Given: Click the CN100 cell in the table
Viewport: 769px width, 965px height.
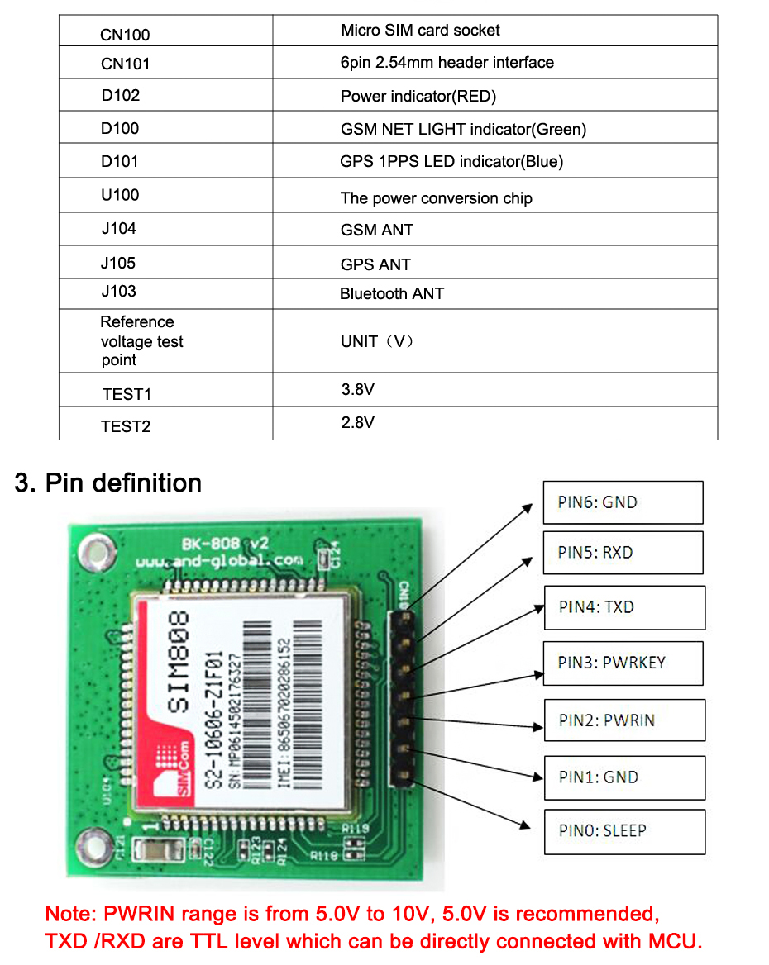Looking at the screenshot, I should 125,35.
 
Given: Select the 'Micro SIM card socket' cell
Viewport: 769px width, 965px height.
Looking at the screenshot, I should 420,31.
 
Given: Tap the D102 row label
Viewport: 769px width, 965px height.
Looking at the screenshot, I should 121,96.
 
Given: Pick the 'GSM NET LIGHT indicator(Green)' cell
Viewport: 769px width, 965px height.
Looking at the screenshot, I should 463,129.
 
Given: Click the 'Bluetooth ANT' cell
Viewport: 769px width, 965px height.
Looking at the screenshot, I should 392,293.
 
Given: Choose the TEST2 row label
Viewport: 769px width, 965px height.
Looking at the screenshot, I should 126,426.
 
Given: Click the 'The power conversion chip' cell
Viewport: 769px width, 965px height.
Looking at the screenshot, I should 436,198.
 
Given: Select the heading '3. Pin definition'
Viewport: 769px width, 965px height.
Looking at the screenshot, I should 108,483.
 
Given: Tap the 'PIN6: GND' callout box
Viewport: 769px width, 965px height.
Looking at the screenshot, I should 623,502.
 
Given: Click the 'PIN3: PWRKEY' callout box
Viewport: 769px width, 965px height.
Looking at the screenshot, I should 623,663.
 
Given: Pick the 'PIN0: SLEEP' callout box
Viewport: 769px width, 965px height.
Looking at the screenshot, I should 624,831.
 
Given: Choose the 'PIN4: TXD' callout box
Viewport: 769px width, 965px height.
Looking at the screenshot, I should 624,607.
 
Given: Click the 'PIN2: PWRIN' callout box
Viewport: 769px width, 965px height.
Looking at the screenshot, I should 624,720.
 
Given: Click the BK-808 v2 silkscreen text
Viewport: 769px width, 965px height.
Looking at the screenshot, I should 225,544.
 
